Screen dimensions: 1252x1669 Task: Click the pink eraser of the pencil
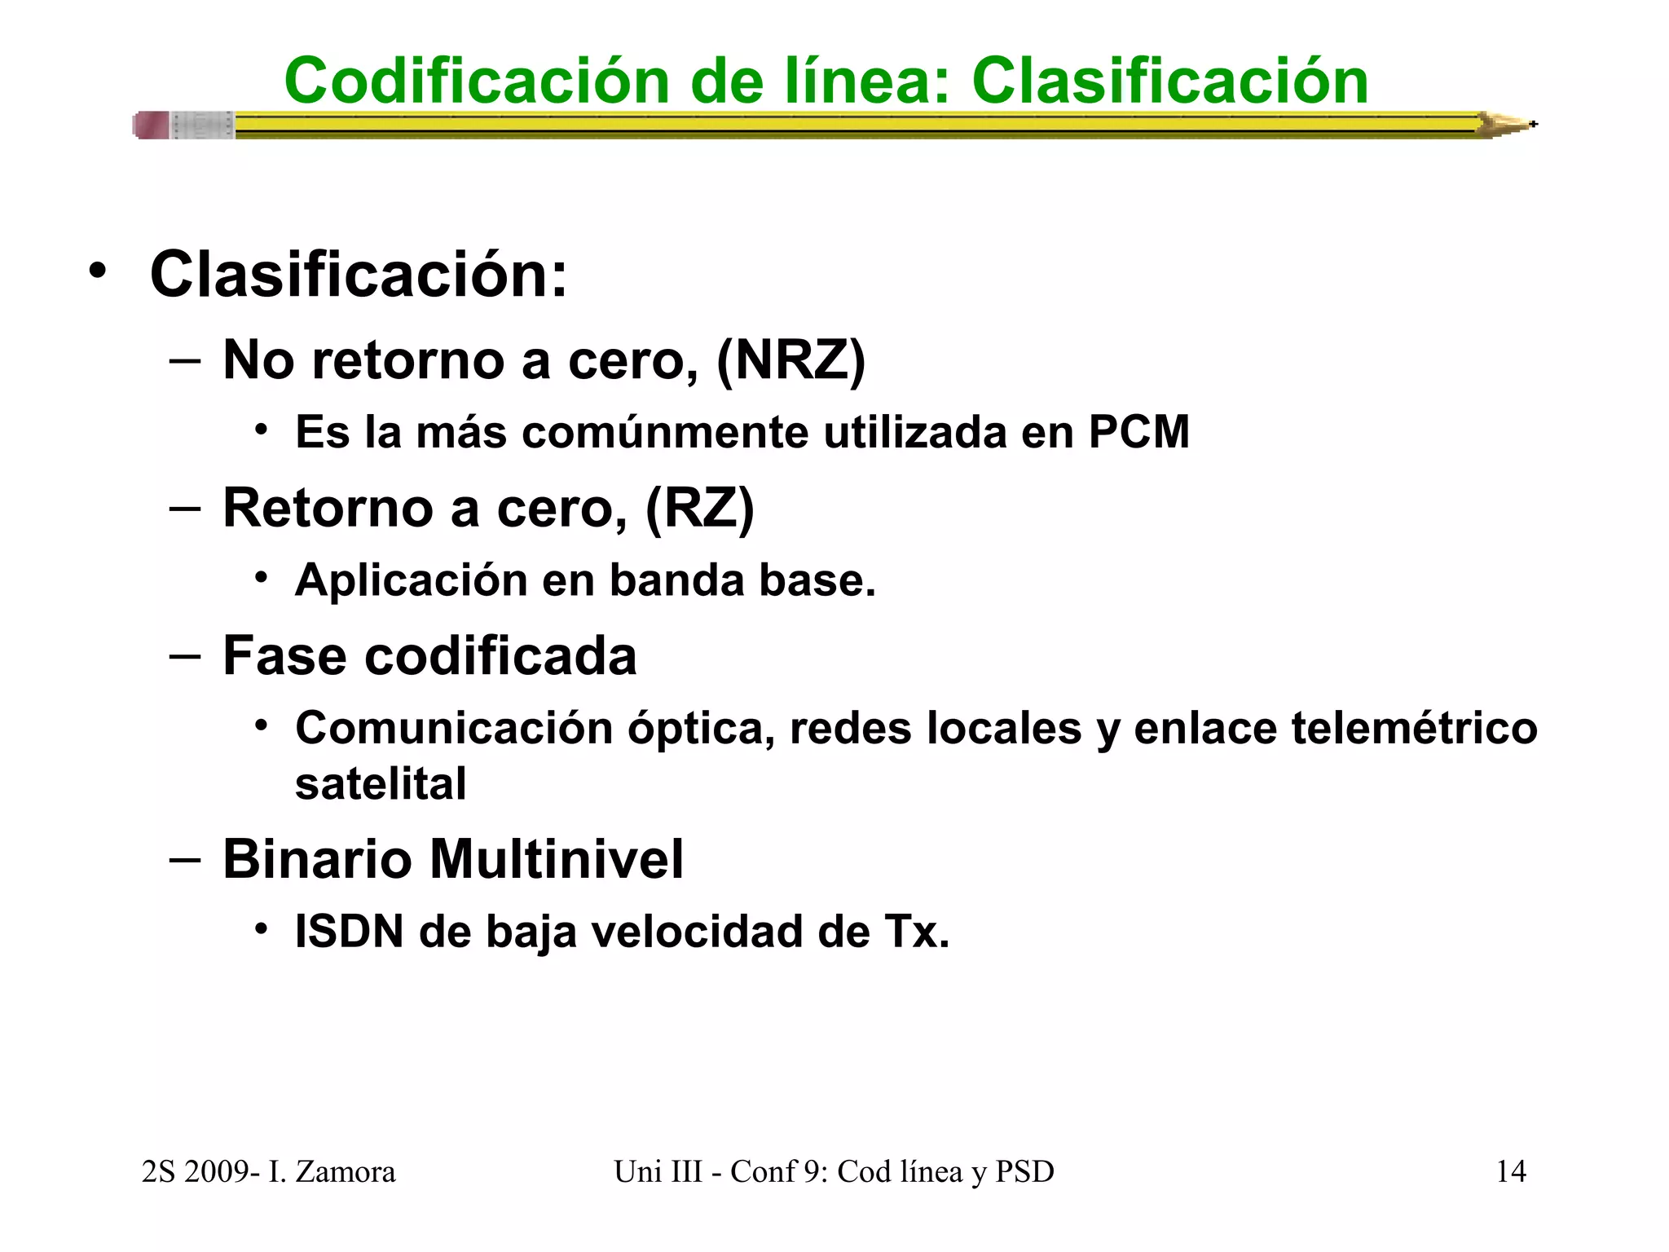pyautogui.click(x=152, y=126)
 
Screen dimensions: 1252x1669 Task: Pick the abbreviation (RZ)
pyautogui.click(x=700, y=508)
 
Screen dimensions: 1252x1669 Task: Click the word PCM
pyautogui.click(x=1138, y=432)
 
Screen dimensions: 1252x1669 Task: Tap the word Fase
pyautogui.click(x=285, y=656)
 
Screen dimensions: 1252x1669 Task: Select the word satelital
pyautogui.click(x=381, y=784)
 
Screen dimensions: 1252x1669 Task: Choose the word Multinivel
pyautogui.click(x=557, y=859)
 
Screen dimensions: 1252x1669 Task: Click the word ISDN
pyautogui.click(x=350, y=932)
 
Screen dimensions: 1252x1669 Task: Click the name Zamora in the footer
pyautogui.click(x=345, y=1171)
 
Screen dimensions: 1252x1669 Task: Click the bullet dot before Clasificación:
pyautogui.click(x=98, y=272)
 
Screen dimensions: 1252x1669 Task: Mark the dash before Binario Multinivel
pyautogui.click(x=186, y=859)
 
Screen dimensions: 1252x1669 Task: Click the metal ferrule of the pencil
pyautogui.click(x=202, y=126)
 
